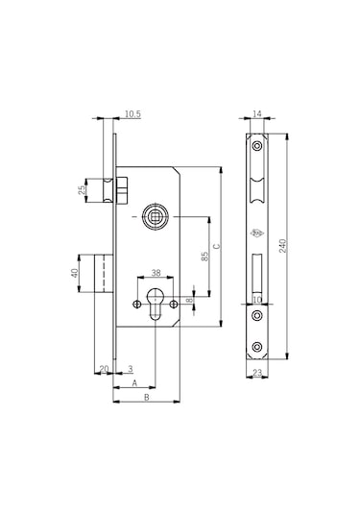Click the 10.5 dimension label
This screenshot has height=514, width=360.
click(x=132, y=114)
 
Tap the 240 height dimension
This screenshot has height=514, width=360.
click(x=283, y=246)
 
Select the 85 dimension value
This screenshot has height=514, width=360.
click(x=204, y=257)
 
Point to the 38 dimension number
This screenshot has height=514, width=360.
click(x=156, y=273)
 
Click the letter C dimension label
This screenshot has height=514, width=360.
click(x=217, y=247)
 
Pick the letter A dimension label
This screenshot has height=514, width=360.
click(x=134, y=383)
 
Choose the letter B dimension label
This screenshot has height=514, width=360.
click(x=147, y=397)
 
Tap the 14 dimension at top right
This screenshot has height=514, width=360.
click(x=257, y=113)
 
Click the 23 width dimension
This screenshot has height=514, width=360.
click(x=257, y=373)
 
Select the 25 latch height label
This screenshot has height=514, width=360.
click(x=83, y=190)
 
